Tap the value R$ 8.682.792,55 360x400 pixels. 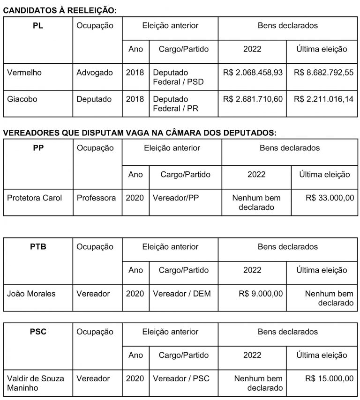tap(323, 73)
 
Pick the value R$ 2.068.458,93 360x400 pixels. tap(253, 73)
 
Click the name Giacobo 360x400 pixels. tap(22, 99)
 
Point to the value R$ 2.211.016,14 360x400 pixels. tap(323, 99)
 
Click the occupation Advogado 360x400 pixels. tap(95, 73)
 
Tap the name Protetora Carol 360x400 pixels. tap(34, 198)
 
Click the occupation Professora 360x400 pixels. tap(96, 198)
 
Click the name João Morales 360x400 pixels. tap(31, 294)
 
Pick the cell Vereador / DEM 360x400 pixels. tap(182, 294)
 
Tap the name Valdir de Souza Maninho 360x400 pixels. tap(35, 383)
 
